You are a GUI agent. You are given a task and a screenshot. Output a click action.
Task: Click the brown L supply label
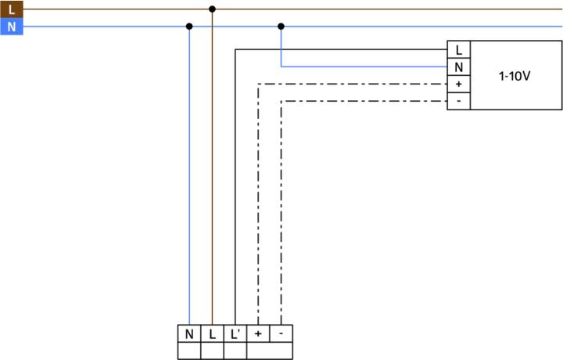pos(11,10)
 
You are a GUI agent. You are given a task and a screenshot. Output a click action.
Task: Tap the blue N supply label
pos(11,27)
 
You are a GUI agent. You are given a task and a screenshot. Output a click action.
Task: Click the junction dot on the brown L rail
pos(212,9)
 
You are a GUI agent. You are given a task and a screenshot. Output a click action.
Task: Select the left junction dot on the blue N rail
pos(189,26)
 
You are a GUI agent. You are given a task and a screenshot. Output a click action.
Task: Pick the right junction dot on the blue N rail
pos(281,26)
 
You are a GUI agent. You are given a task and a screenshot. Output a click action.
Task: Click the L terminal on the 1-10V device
pos(457,51)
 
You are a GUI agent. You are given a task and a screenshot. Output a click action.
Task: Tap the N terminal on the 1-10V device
pos(457,67)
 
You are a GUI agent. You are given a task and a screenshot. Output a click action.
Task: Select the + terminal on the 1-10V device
pos(457,84)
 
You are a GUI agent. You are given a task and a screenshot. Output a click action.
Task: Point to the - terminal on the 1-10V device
pos(457,100)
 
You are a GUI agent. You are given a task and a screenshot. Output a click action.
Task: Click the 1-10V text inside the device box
pos(515,76)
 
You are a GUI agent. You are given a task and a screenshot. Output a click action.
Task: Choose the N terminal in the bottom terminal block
pos(189,334)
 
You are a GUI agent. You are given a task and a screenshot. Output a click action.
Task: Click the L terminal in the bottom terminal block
pos(212,334)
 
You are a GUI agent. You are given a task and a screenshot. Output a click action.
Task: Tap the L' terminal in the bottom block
pos(235,334)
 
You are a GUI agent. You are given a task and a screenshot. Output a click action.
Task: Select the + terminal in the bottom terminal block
pos(258,334)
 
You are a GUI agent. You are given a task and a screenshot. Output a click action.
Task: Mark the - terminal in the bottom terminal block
pos(281,334)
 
